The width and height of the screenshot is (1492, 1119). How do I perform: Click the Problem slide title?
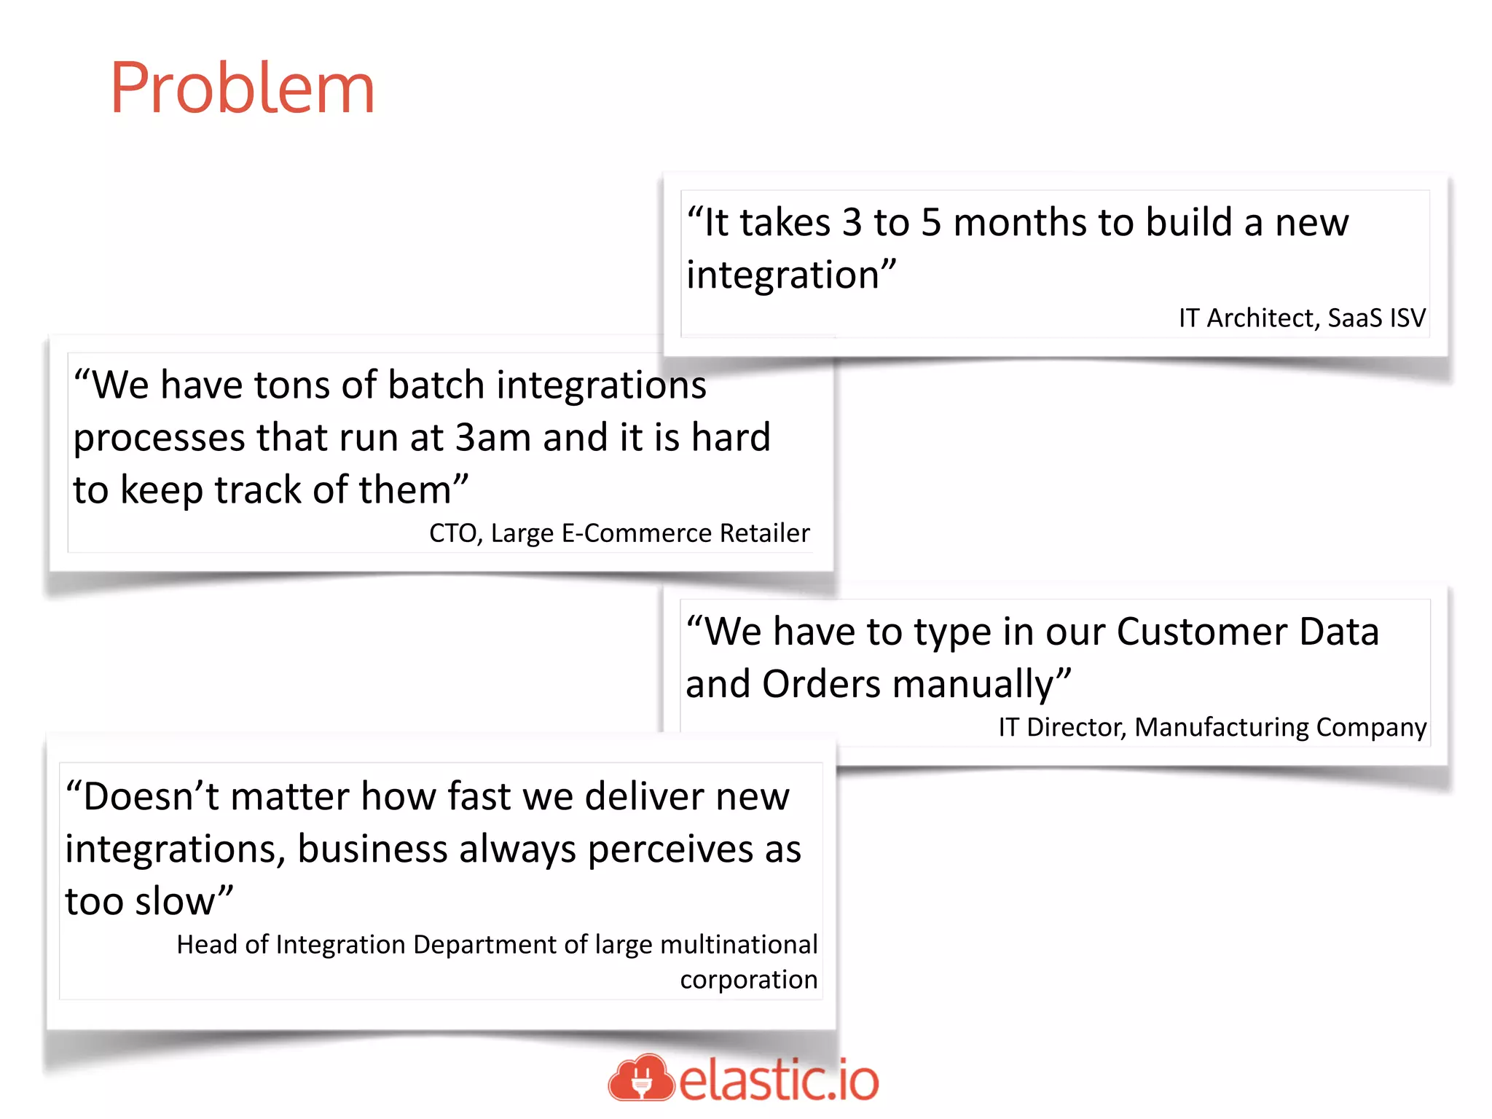243,89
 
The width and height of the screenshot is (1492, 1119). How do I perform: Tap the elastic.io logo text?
779,1080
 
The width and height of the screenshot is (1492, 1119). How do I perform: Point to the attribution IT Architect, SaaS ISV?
1302,318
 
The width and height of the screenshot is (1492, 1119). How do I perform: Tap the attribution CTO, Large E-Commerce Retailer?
619,533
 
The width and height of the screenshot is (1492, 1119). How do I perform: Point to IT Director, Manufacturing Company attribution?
1212,727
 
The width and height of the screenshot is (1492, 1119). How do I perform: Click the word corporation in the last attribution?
748,980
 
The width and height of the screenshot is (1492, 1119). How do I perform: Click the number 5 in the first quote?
930,222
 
